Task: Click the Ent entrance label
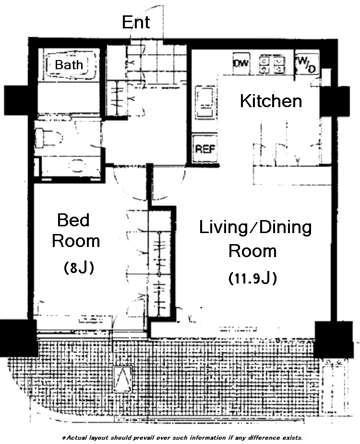136,22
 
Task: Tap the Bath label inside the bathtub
69,64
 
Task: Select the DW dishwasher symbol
241,63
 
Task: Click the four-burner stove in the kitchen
272,65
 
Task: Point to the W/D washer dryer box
307,64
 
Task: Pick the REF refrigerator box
205,148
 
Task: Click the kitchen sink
204,102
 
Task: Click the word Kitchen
271,101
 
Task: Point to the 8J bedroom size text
79,267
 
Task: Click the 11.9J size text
252,278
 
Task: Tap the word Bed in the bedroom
73,220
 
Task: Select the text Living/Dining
255,228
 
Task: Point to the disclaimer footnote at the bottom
182,438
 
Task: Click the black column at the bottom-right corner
334,340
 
